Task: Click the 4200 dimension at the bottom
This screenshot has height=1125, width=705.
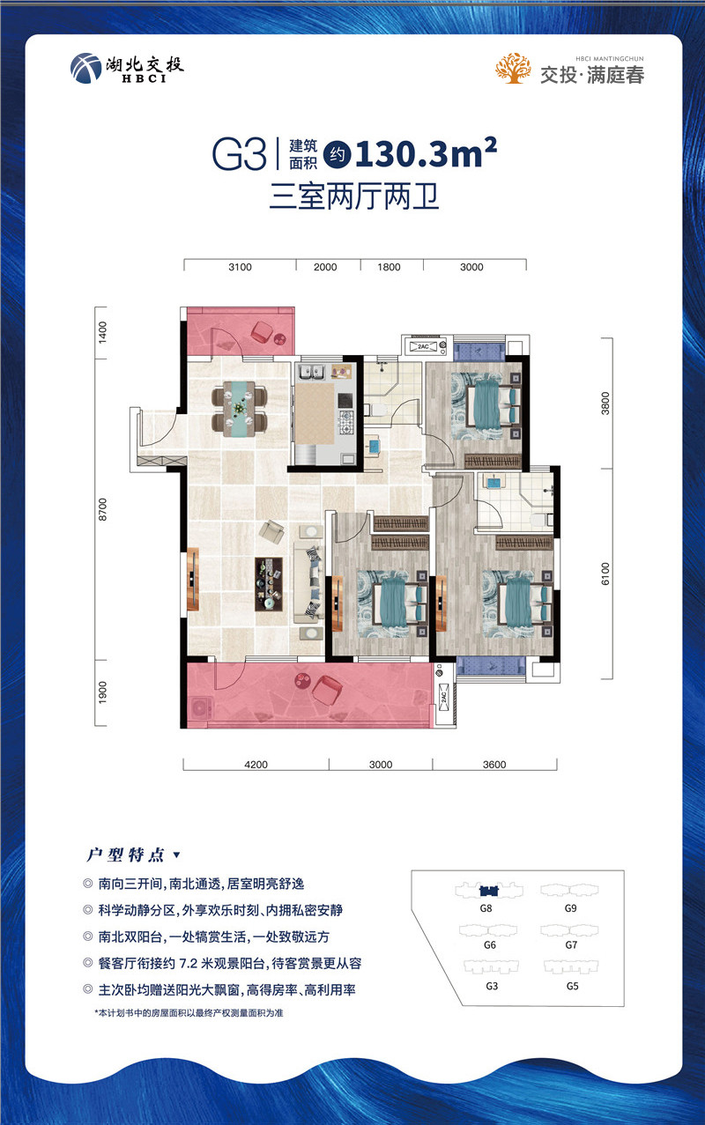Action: (255, 765)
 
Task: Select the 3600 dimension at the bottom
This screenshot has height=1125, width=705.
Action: (494, 765)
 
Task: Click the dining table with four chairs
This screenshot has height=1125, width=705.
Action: (240, 408)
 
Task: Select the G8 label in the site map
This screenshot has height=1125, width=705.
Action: (485, 907)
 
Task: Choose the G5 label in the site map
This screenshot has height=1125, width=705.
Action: (572, 987)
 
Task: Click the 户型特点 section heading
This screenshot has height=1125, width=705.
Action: (124, 855)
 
